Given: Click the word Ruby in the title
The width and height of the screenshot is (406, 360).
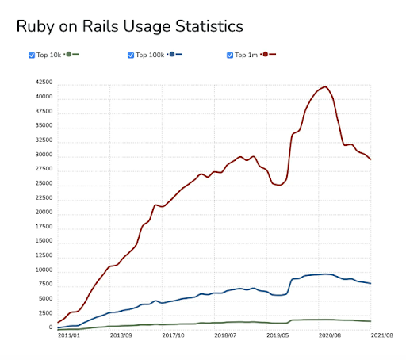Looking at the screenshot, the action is coord(36,27).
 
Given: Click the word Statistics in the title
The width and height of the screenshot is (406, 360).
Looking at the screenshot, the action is coord(209,26).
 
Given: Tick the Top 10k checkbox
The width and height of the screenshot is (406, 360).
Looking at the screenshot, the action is coord(32,56).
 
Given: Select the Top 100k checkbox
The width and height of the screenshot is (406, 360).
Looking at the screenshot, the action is coord(131,56).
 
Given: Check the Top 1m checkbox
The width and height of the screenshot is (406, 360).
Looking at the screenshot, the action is coord(230,56).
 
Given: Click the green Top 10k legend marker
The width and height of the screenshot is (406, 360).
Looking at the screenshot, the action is coord(69,54).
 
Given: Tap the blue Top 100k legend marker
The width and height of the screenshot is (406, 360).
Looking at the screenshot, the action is coord(172,54).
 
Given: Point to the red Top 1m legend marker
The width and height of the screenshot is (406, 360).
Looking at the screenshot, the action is coord(266,54).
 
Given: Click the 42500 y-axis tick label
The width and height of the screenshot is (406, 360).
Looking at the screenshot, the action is coord(44,82).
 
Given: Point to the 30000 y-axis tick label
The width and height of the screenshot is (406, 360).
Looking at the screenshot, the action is coord(44,155).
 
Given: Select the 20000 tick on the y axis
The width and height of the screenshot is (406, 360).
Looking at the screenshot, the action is coord(44,212).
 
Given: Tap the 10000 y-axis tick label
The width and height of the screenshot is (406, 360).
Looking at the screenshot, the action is coord(44,270).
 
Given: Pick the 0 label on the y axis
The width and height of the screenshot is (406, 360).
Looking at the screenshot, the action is coord(51,327).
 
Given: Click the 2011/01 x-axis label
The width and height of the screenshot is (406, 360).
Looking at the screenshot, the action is coord(69,335).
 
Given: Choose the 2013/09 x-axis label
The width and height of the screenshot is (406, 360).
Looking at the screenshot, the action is coord(121,335).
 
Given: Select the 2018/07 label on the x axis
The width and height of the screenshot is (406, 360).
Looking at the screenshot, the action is coord(225,335).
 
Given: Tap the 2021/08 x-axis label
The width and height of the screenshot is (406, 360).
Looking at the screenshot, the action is coord(382,335).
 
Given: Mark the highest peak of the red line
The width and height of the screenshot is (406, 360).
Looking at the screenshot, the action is coord(325,87).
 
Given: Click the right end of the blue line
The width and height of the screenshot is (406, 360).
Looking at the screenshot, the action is coord(371,283).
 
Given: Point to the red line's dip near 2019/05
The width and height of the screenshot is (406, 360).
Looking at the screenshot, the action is coord(279,185).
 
